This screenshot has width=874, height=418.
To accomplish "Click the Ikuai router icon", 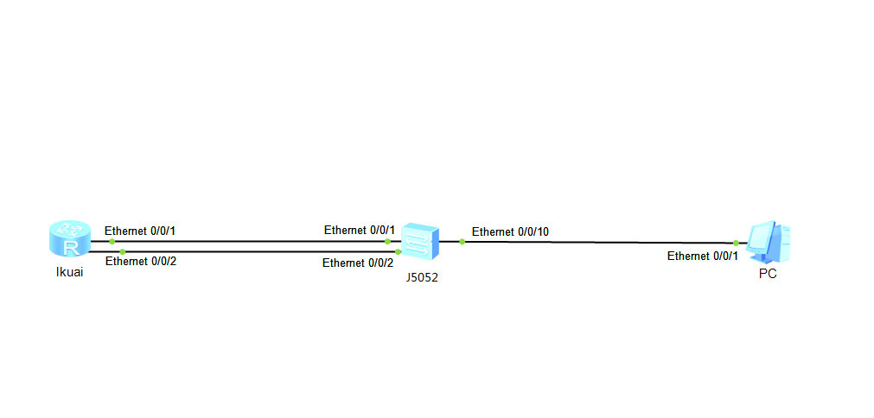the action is coord(69,238).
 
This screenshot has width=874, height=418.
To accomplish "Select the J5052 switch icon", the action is coord(420,242).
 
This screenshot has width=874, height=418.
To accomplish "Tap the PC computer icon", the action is coord(768,241).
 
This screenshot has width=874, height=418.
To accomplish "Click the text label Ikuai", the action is coord(70,273).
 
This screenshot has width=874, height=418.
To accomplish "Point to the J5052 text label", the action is coord(422,278).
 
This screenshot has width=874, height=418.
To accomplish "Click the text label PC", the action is coord(768,275).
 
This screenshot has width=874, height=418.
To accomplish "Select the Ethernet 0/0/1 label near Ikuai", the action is coord(140,231).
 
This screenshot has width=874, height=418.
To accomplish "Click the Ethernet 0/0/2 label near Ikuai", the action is coord(140,261).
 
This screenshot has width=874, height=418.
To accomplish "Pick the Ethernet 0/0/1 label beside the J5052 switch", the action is coord(360,230).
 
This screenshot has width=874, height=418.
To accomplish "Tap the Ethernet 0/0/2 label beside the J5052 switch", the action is coord(358,263).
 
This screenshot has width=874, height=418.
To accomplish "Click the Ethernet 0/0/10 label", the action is coord(511,232).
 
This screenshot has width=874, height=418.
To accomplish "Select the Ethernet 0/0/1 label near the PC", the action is coord(702,256).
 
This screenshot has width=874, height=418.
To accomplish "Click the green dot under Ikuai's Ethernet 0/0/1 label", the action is coord(112,242).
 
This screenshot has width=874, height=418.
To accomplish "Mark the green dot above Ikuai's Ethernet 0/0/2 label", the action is coord(123,251).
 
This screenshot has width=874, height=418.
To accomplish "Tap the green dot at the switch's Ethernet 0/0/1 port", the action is coord(387,242).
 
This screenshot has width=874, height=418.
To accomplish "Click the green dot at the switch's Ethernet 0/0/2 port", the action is coord(398,251).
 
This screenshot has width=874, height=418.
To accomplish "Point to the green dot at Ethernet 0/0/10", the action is coord(463,242).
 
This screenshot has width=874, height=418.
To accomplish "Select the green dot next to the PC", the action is coord(736,243).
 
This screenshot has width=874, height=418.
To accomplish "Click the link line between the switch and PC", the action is coord(593,242).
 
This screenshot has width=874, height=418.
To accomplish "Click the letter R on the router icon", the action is coord(70,248).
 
